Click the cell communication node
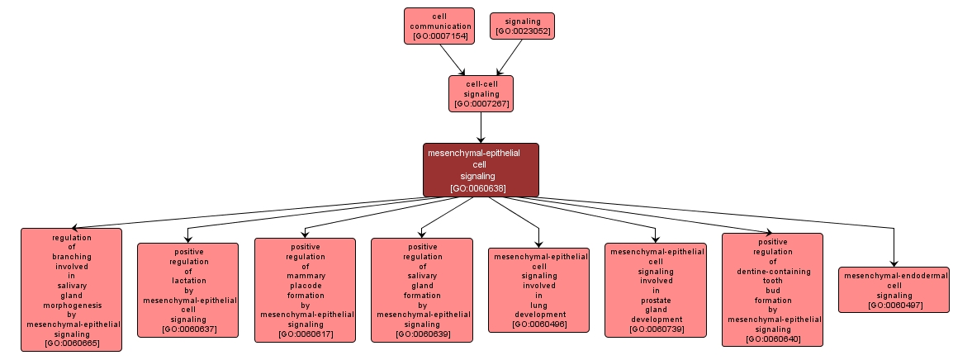(x=439, y=25)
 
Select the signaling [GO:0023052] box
(x=522, y=26)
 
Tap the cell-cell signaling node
(x=481, y=93)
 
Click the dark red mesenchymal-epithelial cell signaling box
(x=481, y=169)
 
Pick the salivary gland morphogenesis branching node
(x=71, y=289)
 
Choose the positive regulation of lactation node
(x=187, y=290)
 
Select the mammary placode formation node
(x=305, y=290)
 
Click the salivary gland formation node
(x=421, y=290)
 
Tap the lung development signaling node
(x=538, y=290)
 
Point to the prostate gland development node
(x=656, y=290)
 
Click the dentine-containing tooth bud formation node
(x=772, y=289)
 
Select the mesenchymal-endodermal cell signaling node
(x=894, y=290)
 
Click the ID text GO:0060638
(x=480, y=188)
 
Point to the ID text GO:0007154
(x=439, y=36)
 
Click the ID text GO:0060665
(x=71, y=343)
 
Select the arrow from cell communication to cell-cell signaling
(x=453, y=59)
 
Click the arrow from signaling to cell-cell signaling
(x=509, y=57)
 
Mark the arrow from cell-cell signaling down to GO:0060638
(x=481, y=127)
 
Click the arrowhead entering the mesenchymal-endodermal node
(x=894, y=262)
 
